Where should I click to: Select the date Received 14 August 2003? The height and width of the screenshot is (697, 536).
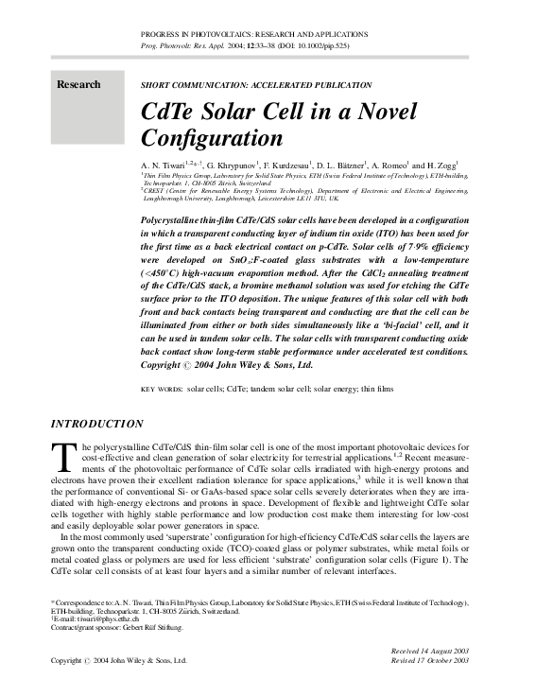point(429,652)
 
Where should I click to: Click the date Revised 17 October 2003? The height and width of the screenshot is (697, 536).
point(429,661)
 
